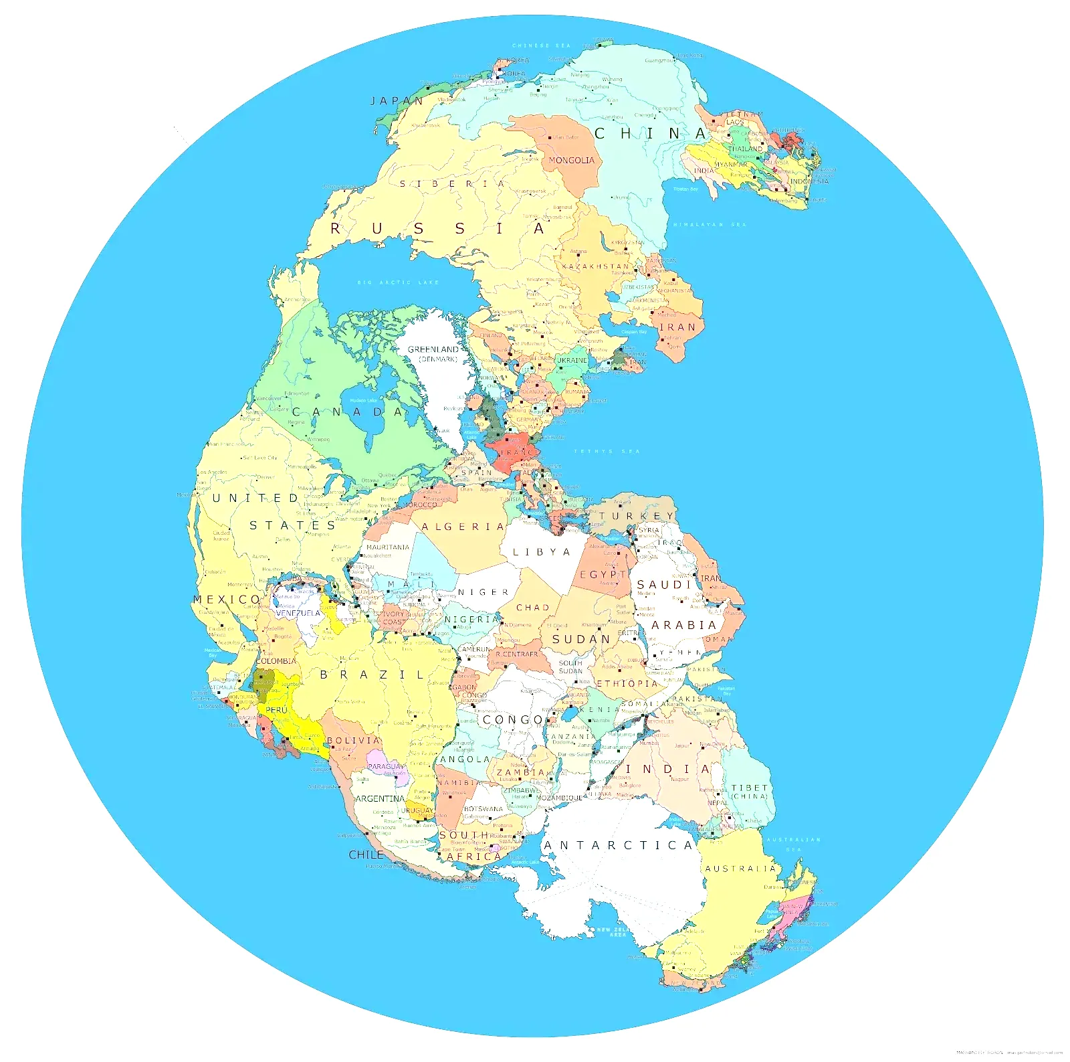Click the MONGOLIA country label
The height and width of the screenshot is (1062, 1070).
click(x=571, y=161)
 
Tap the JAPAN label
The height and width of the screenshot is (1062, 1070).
click(x=397, y=101)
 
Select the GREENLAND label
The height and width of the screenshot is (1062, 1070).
click(x=433, y=349)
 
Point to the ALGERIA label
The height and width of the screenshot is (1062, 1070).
click(x=463, y=527)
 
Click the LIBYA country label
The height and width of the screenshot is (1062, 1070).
click(x=542, y=553)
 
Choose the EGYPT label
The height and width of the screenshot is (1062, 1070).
click(x=602, y=575)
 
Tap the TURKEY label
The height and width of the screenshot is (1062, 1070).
click(x=637, y=517)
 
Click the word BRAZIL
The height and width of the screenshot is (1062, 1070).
click(x=372, y=675)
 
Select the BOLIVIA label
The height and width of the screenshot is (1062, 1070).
click(x=353, y=741)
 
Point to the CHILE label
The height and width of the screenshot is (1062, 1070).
click(x=366, y=855)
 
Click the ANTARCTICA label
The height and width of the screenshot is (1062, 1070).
click(x=618, y=846)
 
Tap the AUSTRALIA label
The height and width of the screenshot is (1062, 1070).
click(x=740, y=869)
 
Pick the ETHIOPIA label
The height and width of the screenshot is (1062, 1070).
click(x=627, y=684)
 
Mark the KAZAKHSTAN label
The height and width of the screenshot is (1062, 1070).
click(x=595, y=266)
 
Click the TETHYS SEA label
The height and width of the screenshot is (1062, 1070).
click(x=607, y=452)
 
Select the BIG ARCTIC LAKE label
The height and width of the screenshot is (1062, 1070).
click(x=399, y=282)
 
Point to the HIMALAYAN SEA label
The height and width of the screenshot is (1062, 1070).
click(x=709, y=225)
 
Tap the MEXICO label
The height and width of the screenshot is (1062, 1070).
click(x=227, y=600)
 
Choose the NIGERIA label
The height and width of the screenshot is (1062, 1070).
click(x=471, y=620)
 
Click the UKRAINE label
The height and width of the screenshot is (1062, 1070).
click(x=572, y=360)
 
